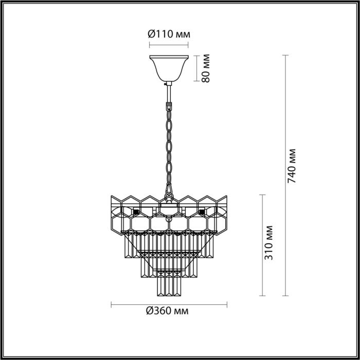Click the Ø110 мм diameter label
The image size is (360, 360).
click(x=169, y=34)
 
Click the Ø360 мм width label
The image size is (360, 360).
click(x=167, y=311)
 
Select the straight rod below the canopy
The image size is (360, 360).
click(x=169, y=93)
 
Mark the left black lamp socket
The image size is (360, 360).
click(x=136, y=211)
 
